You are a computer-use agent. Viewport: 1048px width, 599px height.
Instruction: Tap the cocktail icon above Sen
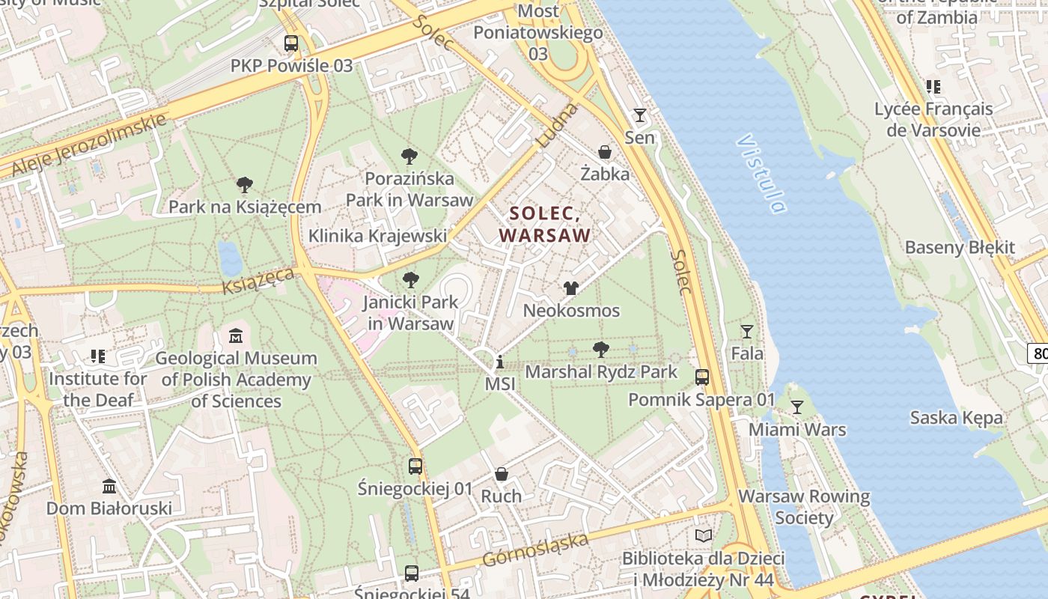pos(639,115)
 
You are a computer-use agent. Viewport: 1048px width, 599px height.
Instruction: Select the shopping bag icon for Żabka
pos(605,152)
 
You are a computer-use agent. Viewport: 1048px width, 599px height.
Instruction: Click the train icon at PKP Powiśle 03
pos(291,43)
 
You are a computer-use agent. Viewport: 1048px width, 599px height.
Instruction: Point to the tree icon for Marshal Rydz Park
pos(600,349)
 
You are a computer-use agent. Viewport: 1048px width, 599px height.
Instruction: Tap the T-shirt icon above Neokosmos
pos(571,288)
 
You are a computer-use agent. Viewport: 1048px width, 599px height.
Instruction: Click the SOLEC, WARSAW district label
pos(545,225)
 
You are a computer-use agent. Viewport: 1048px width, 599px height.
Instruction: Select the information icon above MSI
pos(500,363)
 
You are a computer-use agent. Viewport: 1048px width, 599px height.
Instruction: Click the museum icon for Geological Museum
pos(236,335)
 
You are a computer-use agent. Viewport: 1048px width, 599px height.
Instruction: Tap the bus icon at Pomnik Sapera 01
pos(702,377)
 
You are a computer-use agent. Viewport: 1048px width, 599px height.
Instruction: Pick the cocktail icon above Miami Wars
pos(797,407)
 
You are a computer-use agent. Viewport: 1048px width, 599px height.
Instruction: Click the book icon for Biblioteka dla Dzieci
pos(703,535)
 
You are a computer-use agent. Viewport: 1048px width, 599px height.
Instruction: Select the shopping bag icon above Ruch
pos(502,474)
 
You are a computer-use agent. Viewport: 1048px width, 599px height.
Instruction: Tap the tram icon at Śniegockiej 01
pos(415,466)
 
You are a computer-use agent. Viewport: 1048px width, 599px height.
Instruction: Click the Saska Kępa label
pos(956,418)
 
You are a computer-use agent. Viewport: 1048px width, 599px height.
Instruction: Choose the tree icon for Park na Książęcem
pos(244,185)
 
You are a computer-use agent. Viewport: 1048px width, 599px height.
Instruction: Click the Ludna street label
pos(558,125)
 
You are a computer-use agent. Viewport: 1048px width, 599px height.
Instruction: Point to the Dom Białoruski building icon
pos(109,487)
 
